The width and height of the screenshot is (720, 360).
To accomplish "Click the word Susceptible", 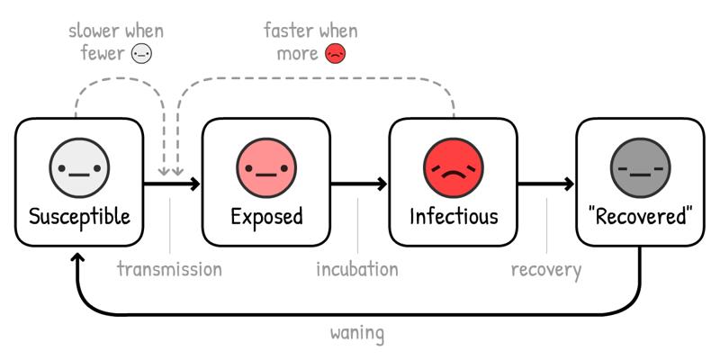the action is tap(79, 217).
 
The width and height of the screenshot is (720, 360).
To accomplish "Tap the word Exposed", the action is tap(266, 216).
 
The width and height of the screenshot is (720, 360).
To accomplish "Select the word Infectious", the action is tap(454, 216).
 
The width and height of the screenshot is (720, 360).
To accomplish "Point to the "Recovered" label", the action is tap(640, 216).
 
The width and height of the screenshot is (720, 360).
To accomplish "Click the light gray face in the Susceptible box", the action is tap(79, 167).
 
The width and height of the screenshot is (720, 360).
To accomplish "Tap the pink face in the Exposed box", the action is tap(266, 167).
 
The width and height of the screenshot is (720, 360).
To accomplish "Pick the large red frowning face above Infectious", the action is tap(454, 167).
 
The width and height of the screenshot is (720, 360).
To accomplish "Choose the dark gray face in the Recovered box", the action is tap(641, 167).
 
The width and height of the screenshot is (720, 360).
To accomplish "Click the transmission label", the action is tap(169, 269).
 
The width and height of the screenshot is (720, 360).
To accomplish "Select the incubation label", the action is tap(357, 269).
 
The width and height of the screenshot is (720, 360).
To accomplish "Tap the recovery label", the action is tap(546, 270).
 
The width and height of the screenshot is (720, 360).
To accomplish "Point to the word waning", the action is tap(357, 333).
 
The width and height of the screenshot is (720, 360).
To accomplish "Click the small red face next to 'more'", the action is tap(335, 54).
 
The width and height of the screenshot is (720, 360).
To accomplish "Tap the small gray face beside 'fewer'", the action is tap(141, 54).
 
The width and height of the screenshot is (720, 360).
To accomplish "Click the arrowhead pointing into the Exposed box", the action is tap(195, 184).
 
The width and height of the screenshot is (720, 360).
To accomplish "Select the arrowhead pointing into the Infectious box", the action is tap(382, 184).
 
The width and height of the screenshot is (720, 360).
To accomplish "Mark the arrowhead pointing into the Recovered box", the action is tap(570, 184).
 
